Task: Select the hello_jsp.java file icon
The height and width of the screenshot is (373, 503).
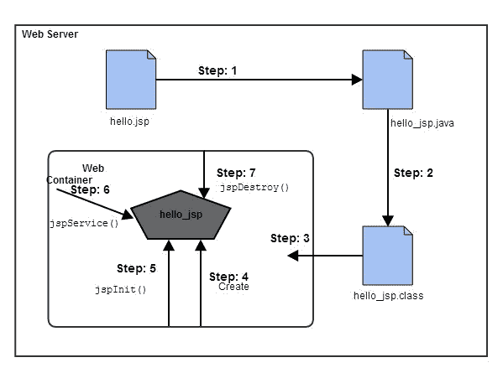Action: [x=386, y=79]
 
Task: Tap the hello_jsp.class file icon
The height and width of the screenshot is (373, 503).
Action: [x=386, y=255]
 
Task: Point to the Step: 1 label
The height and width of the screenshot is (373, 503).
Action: [x=217, y=70]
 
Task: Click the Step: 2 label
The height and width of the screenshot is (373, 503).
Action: [x=414, y=174]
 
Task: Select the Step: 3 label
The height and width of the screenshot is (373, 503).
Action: [x=291, y=239]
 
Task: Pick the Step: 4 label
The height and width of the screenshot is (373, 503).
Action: [x=228, y=277]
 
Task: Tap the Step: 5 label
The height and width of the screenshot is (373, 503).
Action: [x=136, y=268]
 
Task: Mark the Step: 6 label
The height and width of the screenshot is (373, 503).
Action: [x=92, y=190]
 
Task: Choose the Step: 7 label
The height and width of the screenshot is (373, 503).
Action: [x=236, y=173]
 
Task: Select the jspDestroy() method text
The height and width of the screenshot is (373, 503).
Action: [x=254, y=187]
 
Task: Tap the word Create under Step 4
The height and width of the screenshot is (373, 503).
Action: [x=233, y=287]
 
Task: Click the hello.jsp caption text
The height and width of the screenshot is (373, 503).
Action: [x=130, y=121]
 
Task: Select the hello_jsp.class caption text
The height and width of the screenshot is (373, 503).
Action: [x=387, y=296]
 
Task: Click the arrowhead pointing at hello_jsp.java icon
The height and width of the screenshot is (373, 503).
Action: [x=357, y=80]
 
